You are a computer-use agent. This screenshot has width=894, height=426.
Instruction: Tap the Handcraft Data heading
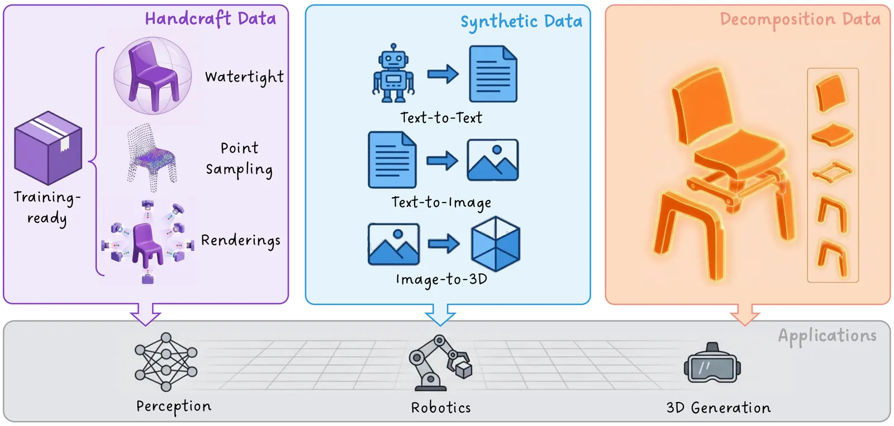(x=211, y=18)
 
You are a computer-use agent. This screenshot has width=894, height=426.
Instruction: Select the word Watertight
(x=244, y=77)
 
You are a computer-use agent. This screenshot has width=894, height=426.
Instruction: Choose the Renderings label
(x=241, y=241)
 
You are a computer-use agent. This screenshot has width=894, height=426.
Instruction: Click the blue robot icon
(x=393, y=74)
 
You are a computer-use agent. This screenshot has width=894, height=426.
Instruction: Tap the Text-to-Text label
(x=441, y=118)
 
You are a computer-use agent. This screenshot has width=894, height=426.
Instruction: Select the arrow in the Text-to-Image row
(x=442, y=161)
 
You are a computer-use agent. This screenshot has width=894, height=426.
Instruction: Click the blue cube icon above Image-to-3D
(x=496, y=244)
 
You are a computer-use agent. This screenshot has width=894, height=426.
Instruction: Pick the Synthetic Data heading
(x=521, y=22)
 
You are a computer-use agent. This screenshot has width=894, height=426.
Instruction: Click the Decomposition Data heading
(x=800, y=20)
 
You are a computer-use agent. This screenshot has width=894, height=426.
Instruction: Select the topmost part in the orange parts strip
(x=831, y=93)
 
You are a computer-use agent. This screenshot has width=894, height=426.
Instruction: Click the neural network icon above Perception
(x=166, y=362)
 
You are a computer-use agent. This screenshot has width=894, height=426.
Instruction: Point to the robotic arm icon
(x=440, y=363)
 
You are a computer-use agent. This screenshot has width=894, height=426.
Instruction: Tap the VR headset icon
(x=712, y=363)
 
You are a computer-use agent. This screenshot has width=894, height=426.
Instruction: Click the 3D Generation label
(x=718, y=408)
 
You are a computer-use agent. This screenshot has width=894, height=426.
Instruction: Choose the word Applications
(x=827, y=336)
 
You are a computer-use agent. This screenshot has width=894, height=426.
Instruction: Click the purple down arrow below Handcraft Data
(x=145, y=313)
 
